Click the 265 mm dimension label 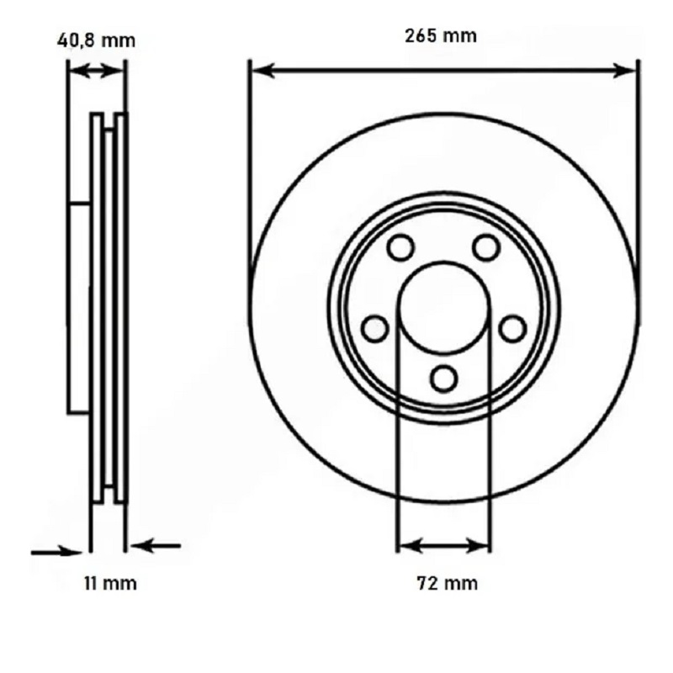[441, 35]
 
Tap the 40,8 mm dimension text [96, 40]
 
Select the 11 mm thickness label [110, 583]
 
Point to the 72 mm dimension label [447, 583]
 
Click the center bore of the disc [444, 306]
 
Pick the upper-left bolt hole [400, 247]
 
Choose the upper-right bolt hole [486, 247]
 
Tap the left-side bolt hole [375, 329]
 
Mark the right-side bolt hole [512, 329]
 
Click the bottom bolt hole [443, 378]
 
